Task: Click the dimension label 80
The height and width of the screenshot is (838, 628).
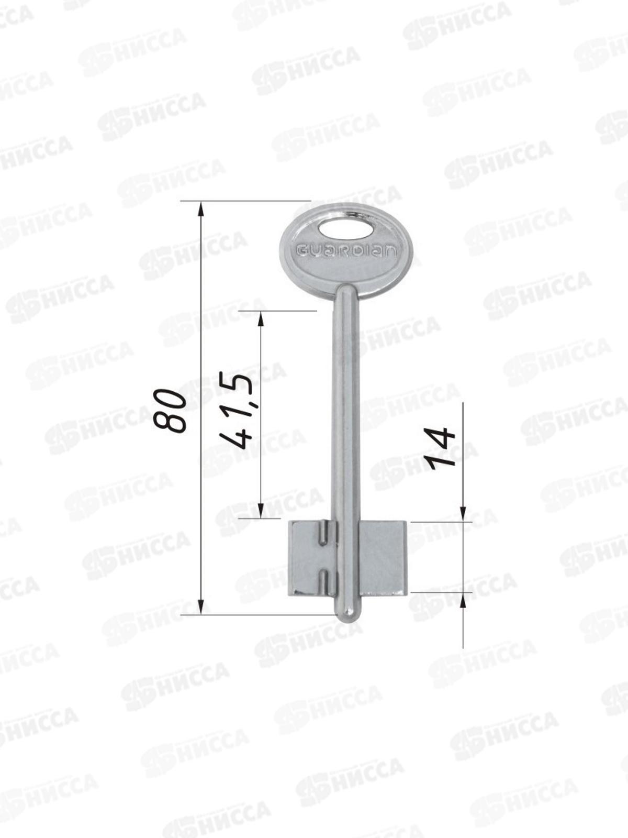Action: (x=170, y=411)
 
